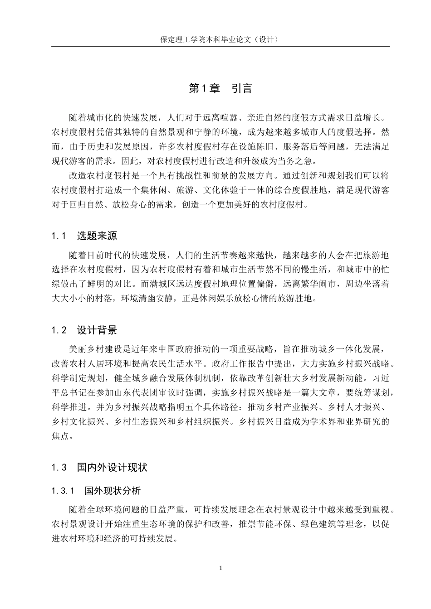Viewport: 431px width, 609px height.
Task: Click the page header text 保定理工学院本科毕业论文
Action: tap(220, 39)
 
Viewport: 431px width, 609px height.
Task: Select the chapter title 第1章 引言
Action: tap(220, 88)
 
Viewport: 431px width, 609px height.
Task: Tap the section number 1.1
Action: tap(59, 236)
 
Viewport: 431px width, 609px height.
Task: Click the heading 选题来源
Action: tap(97, 236)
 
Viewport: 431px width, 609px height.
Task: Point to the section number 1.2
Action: tap(59, 330)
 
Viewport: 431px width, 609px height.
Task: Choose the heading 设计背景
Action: tap(97, 330)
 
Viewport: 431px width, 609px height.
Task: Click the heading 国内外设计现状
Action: tap(112, 467)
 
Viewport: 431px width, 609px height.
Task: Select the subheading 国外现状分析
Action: tap(113, 491)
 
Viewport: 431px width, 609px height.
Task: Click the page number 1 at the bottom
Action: tap(220, 568)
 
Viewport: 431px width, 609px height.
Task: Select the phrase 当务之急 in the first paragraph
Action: tap(293, 161)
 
